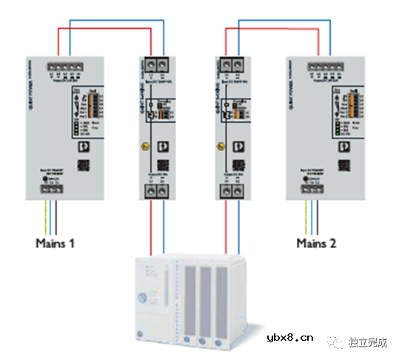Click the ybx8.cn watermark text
point(290,339)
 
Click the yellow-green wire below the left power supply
point(44,215)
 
